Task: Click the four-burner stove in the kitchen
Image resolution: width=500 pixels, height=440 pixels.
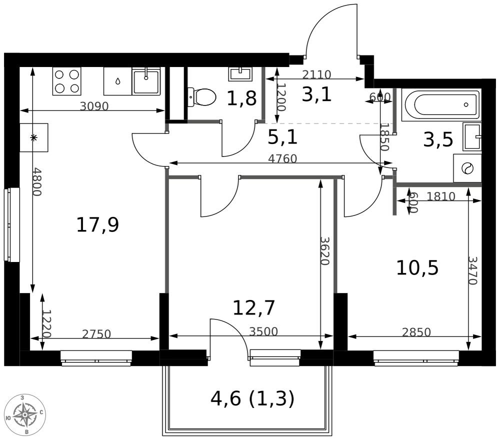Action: click(66, 81)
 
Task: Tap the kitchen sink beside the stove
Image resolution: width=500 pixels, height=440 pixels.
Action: click(146, 81)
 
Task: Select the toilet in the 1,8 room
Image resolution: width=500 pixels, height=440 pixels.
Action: click(201, 97)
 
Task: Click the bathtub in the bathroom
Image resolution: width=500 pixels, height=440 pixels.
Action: click(441, 104)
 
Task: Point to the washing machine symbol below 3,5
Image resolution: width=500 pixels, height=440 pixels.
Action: click(467, 168)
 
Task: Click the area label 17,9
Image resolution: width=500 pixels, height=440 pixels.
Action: click(97, 224)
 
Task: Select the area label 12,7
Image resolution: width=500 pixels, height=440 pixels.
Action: click(254, 307)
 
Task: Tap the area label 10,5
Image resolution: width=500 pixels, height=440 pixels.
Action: click(417, 268)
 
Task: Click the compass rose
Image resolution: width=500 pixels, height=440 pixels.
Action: click(25, 415)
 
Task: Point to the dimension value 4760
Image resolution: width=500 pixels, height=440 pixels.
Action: click(282, 158)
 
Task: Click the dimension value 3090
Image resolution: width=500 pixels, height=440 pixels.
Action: click(94, 106)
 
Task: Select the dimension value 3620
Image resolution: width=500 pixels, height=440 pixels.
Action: click(324, 251)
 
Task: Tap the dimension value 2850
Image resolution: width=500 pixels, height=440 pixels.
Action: click(416, 332)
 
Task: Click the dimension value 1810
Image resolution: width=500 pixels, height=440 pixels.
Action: click(441, 196)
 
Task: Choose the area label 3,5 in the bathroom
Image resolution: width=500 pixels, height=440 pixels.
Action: click(438, 139)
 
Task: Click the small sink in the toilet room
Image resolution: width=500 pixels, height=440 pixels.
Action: click(240, 74)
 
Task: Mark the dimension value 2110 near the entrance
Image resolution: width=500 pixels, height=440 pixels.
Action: click(316, 74)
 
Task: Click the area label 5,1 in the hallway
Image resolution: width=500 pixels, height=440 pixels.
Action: click(282, 137)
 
